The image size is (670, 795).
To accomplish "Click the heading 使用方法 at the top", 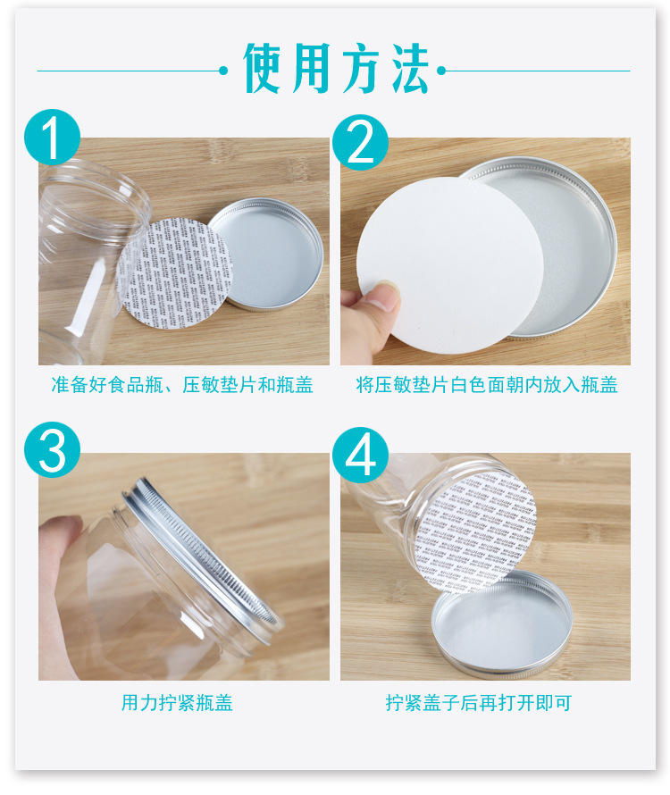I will coord(336,69).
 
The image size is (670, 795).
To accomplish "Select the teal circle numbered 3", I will coord(53,450).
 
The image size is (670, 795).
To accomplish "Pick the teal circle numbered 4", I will coord(360,456).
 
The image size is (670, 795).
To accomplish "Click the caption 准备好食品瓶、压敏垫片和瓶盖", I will coord(182,386).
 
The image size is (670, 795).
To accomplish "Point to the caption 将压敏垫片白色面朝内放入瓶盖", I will coord(487,386).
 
